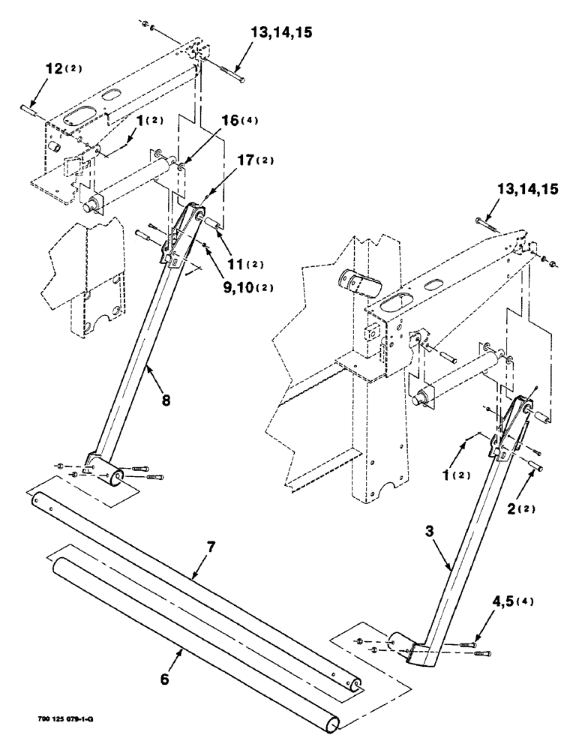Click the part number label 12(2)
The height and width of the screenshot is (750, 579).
point(62,69)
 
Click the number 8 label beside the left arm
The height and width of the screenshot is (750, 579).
point(165,400)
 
